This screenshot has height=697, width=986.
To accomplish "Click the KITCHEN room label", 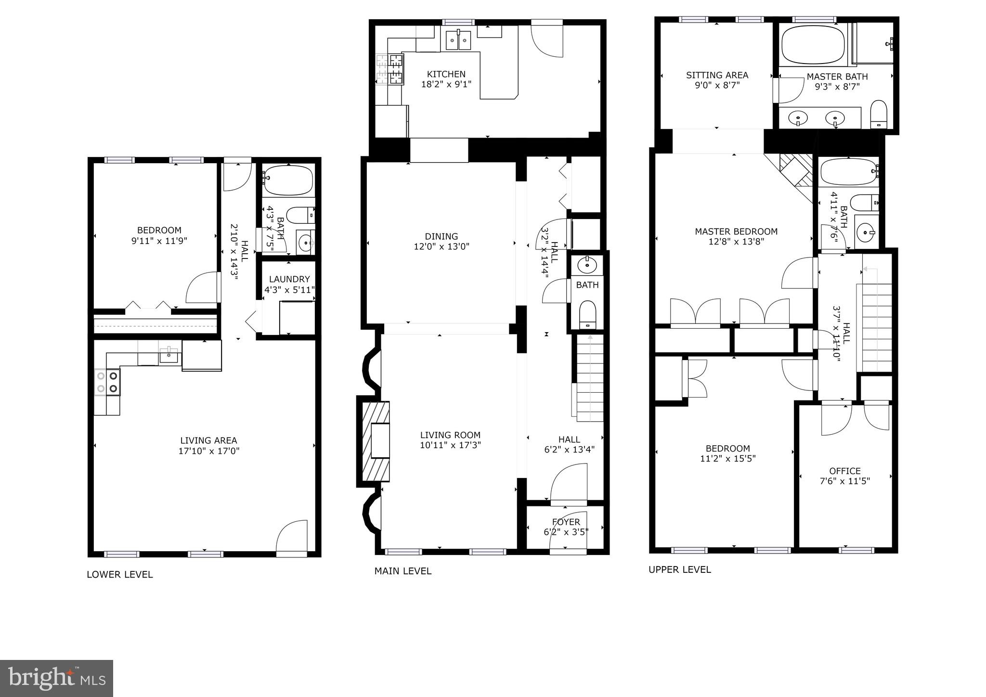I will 446,74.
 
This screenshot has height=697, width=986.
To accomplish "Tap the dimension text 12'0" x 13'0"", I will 441,247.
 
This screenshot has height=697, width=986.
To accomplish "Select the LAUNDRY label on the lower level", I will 289,279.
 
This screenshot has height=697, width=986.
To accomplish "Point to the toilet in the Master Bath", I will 879,115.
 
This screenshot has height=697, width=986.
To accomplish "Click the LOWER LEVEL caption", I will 119,574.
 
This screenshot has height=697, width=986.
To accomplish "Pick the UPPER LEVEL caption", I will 679,569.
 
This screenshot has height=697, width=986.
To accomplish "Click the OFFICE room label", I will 844,471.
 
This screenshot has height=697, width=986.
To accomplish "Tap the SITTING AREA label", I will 717,75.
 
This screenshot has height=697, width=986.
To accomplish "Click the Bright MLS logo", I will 56,678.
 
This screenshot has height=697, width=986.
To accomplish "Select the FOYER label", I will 566,522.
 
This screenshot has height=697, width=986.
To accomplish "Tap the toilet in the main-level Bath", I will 587,314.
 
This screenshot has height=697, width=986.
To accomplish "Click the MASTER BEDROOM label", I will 736,232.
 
